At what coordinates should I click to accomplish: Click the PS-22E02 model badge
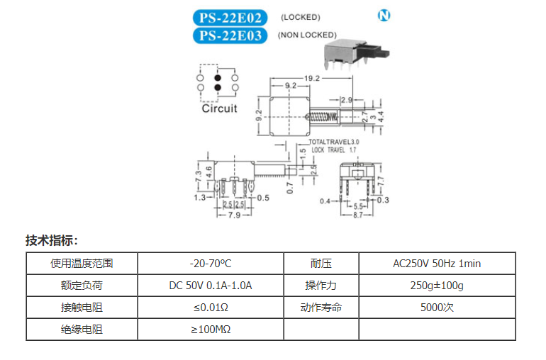point(230,18)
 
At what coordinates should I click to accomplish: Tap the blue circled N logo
point(384,16)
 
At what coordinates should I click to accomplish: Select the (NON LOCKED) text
point(307,35)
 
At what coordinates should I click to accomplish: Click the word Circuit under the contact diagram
point(219,108)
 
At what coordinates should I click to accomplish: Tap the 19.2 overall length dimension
point(313,78)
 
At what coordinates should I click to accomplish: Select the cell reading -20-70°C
point(211,264)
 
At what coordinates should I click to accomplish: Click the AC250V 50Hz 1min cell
point(437,264)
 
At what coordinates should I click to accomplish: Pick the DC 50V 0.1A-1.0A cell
point(211,286)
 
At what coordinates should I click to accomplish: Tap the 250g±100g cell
point(437,286)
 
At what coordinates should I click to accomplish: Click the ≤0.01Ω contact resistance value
point(211,308)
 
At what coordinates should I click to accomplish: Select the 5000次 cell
point(437,308)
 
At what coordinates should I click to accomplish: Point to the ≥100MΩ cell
point(211,330)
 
